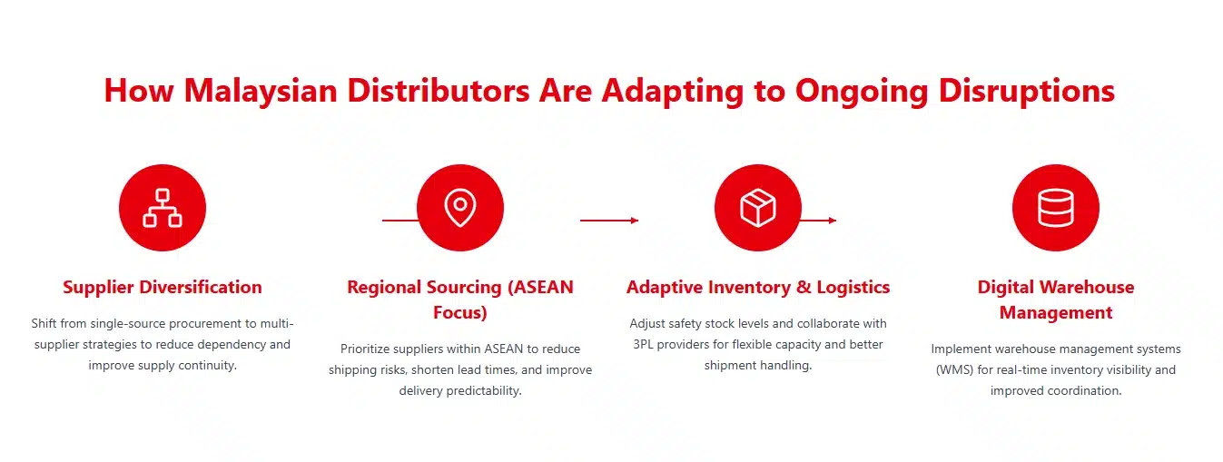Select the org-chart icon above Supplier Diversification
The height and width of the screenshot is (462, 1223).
[163, 208]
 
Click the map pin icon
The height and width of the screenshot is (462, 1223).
[460, 208]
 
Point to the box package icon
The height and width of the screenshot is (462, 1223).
[758, 208]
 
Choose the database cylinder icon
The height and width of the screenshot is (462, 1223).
[1056, 208]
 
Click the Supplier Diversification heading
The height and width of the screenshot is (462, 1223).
[163, 288]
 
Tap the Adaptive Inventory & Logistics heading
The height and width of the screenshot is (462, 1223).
[758, 288]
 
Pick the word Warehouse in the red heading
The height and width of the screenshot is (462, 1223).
[1087, 288]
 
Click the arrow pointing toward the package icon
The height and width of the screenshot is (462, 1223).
[609, 221]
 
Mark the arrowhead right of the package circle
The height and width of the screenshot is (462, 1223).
[832, 221]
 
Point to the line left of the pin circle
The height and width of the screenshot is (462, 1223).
[399, 221]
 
